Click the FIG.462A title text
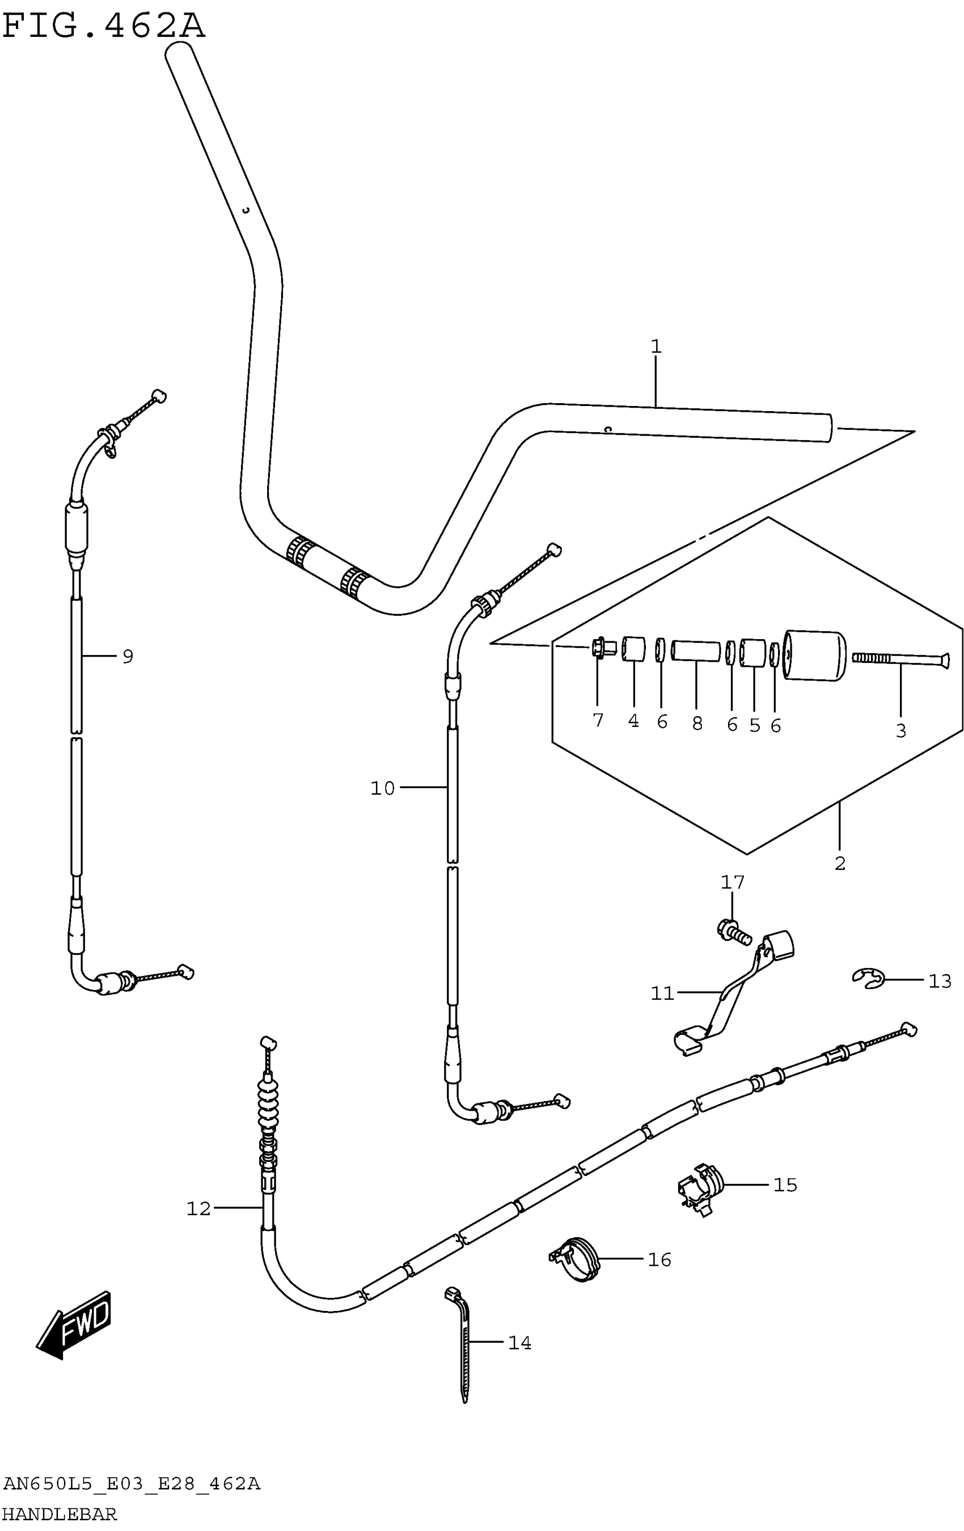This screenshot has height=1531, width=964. point(104,27)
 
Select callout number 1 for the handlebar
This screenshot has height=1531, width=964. point(656,346)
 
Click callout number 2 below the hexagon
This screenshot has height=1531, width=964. point(839,864)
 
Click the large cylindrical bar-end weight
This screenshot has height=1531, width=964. point(814,655)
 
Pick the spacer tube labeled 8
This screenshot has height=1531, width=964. point(696,651)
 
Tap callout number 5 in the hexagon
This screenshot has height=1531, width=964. point(754,725)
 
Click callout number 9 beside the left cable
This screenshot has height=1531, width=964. point(128,656)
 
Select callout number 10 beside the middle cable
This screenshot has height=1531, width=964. point(382,788)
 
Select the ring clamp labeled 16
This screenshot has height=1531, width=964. point(576,1259)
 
